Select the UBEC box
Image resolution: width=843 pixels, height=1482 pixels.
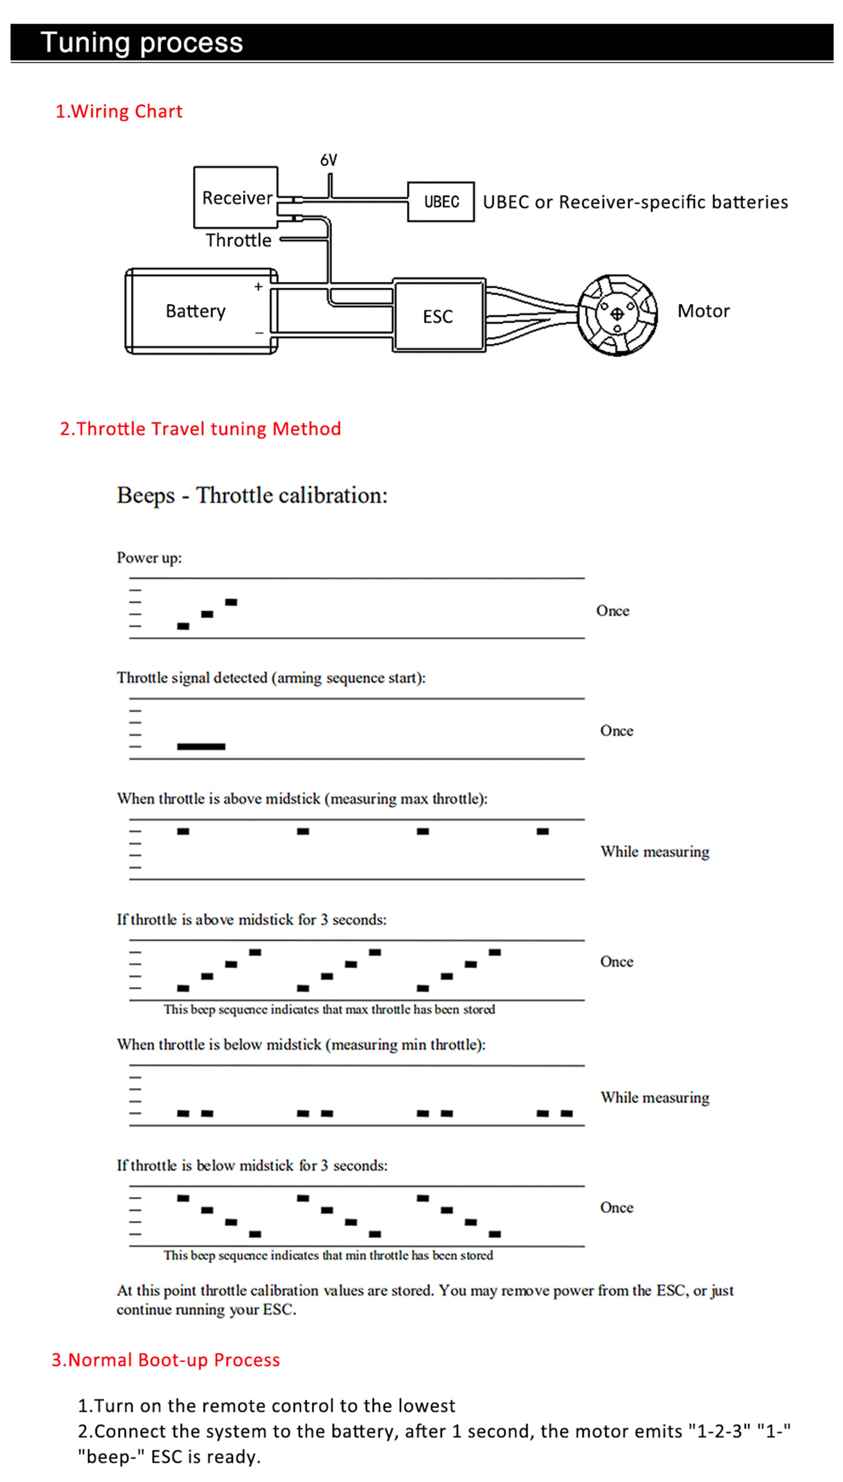click(441, 202)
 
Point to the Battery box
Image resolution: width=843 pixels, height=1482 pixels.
click(201, 311)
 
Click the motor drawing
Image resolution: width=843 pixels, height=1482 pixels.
click(617, 314)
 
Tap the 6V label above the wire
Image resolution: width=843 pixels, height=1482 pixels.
click(329, 160)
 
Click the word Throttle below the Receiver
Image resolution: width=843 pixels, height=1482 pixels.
click(238, 240)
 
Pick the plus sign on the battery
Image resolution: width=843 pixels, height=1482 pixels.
click(258, 287)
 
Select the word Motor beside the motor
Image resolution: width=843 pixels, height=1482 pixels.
click(703, 311)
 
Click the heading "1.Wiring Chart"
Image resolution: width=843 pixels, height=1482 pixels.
click(119, 111)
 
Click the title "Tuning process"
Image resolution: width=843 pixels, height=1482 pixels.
click(142, 42)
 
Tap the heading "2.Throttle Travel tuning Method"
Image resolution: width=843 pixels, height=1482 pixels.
click(200, 429)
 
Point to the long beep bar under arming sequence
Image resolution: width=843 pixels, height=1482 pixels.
click(201, 746)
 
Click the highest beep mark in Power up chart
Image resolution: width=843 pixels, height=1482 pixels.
click(231, 602)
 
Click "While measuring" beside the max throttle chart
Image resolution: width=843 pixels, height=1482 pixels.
click(655, 851)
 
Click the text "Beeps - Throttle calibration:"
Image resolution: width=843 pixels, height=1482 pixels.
click(252, 495)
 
